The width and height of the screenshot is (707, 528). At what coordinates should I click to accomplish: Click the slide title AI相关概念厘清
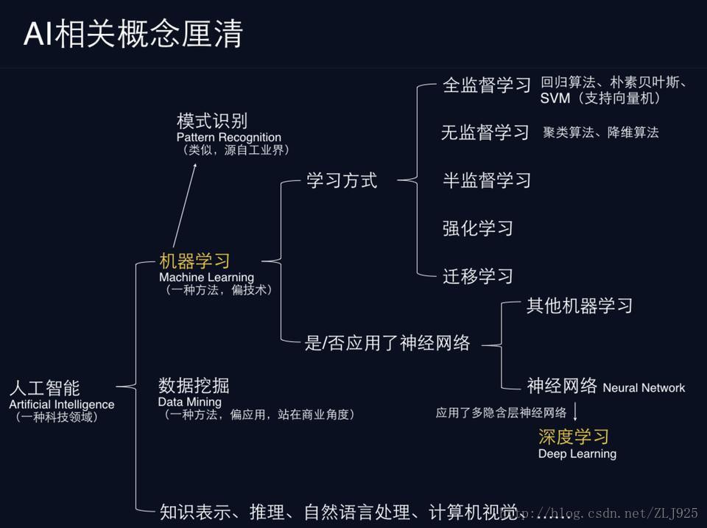point(133,35)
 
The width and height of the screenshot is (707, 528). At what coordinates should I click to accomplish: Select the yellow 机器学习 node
point(195,261)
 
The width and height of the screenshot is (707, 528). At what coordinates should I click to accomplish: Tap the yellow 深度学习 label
point(574,437)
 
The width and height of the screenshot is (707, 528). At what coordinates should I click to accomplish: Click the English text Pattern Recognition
point(229,137)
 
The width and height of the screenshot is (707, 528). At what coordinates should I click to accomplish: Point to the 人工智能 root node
point(44,388)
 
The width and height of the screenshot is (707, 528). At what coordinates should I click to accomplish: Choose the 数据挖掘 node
point(194,385)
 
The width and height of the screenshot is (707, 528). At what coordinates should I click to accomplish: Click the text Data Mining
point(189,402)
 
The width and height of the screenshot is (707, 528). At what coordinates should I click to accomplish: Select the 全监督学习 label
point(486,85)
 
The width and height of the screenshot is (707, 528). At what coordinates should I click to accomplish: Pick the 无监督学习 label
point(485,133)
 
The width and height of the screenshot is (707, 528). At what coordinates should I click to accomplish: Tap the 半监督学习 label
point(486,180)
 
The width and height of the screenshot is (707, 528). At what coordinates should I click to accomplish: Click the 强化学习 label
point(477,228)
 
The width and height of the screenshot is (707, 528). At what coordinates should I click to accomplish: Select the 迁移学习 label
point(477,276)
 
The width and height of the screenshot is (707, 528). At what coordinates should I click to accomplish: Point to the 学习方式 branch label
point(342,180)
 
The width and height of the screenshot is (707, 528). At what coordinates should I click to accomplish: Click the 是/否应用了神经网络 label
point(387,343)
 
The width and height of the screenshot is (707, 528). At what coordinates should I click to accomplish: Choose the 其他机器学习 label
point(580,306)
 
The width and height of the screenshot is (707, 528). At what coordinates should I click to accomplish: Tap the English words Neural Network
point(644,388)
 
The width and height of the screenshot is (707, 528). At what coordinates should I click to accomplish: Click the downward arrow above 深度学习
point(575,410)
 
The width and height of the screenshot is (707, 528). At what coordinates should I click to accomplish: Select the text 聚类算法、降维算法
point(601,133)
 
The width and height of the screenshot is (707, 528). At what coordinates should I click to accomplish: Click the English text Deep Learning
point(577,454)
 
